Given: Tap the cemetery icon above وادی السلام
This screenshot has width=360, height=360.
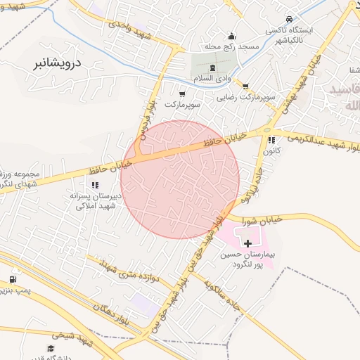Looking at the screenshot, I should [x=213, y=66].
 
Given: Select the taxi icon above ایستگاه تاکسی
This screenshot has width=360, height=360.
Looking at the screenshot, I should [x=289, y=20].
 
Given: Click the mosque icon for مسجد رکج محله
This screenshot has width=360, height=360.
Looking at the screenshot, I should [x=232, y=37].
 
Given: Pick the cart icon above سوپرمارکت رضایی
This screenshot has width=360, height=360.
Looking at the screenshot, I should [x=245, y=86].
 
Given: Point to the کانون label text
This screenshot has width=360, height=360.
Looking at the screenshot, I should [x=271, y=151].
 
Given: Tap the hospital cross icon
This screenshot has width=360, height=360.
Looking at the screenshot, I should [x=247, y=243].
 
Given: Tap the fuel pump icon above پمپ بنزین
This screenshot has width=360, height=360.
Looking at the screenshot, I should [x=13, y=279].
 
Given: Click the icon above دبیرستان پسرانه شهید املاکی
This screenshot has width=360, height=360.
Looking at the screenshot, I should [x=95, y=185].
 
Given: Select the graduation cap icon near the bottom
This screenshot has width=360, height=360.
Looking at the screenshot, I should [x=51, y=347].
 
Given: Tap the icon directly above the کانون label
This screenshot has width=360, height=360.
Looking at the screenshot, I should [x=271, y=140].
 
